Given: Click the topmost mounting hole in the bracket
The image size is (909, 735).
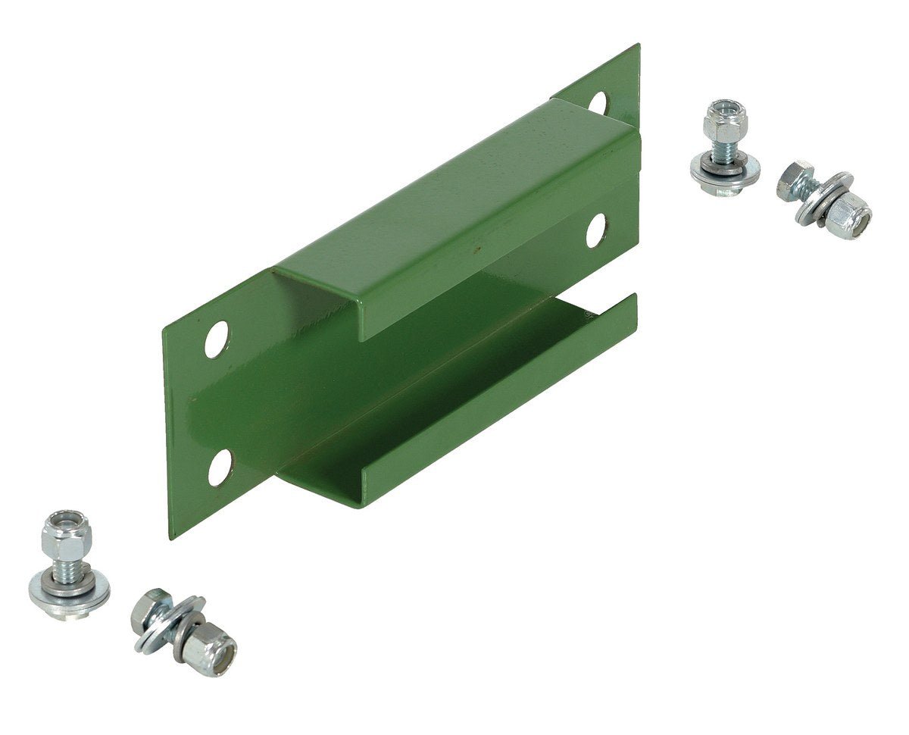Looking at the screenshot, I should coord(598,102).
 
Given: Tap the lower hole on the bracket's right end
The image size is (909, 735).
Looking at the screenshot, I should coord(595,230).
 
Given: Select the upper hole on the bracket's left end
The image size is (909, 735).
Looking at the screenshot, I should coord(216,339).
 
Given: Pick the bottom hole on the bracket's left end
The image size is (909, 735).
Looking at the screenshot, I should coord(220,467).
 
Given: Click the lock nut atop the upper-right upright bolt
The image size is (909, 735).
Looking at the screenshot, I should coord(725,120).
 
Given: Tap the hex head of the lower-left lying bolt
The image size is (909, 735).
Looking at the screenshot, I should coord(148,610).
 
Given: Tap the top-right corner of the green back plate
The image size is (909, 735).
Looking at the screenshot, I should coord(637,46).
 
